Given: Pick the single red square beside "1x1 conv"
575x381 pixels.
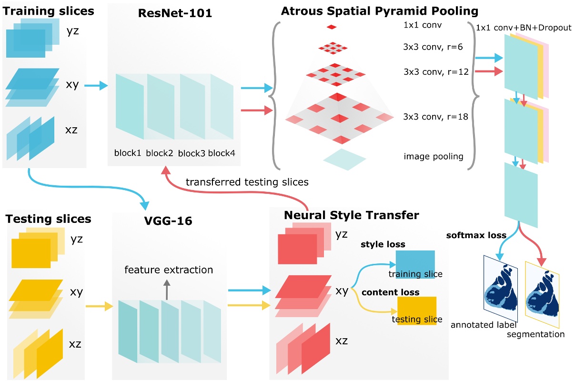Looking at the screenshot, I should tap(332, 27).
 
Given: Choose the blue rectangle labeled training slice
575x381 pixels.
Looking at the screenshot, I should tap(415, 263).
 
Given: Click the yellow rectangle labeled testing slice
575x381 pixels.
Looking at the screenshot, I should tap(417, 310).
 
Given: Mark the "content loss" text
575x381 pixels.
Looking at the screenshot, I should tap(391, 292).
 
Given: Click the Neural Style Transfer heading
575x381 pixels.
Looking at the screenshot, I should tap(351, 215).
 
